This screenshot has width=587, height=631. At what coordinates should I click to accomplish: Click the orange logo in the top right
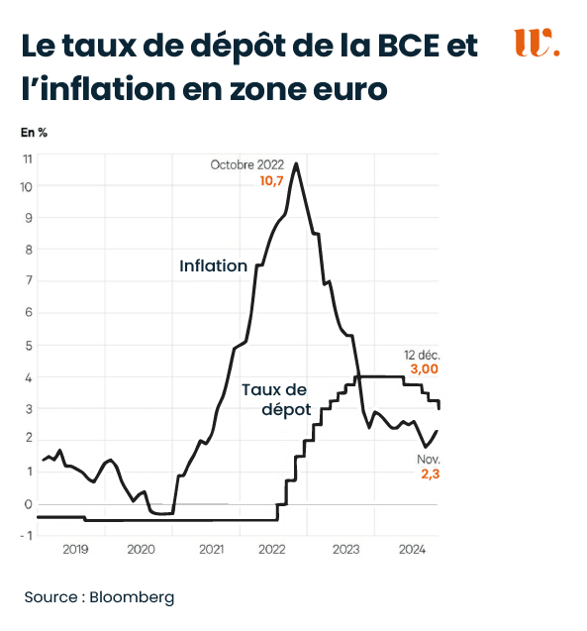(537, 44)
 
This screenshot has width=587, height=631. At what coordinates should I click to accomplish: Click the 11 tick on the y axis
(28, 158)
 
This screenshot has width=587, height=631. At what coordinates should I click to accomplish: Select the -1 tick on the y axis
(28, 536)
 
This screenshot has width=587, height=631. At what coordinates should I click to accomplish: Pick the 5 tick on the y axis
(28, 346)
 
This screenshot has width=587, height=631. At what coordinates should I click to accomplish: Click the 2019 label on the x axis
(75, 549)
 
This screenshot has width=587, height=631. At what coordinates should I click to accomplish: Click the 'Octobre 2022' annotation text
(246, 165)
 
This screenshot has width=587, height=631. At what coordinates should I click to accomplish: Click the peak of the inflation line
(296, 163)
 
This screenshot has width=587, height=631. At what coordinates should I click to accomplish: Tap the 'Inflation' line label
(213, 265)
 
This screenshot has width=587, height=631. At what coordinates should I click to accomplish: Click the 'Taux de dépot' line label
(276, 399)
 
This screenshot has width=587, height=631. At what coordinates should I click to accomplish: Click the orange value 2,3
(429, 475)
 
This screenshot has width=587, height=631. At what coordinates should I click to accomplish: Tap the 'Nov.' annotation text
(428, 460)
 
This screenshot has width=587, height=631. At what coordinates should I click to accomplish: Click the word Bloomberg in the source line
(132, 597)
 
